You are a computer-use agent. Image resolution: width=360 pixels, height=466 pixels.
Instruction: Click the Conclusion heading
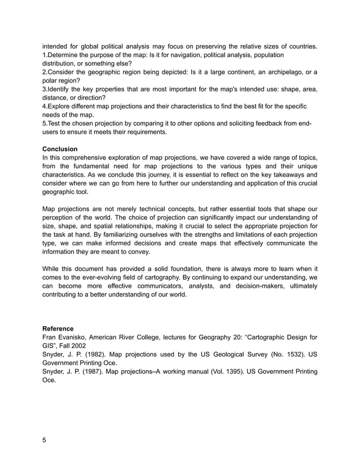60,149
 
